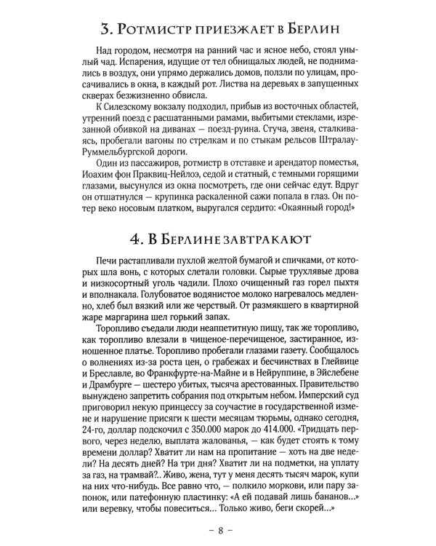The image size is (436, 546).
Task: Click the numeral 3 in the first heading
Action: tap(105, 31)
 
